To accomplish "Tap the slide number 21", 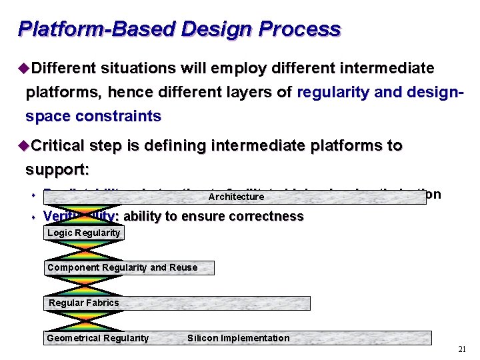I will point(462,349).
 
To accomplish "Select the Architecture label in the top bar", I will point(236,197).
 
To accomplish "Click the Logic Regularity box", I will point(84,233).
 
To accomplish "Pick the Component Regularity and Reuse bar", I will point(129,267).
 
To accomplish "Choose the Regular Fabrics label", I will point(84,303).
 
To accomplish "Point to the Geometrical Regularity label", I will point(98,338).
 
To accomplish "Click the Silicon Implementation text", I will point(239,338).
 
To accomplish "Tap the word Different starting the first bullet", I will point(64,69).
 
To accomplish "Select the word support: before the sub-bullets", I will point(57,169).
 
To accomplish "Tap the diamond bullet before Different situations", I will point(25,69).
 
